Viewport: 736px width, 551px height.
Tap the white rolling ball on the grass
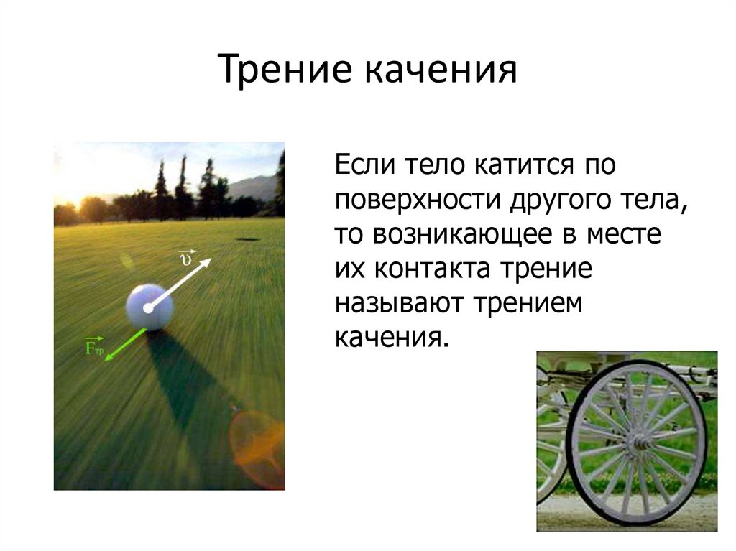coord(149,307)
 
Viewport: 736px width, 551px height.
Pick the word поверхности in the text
coord(418,202)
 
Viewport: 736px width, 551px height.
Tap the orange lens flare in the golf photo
coord(257,440)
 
